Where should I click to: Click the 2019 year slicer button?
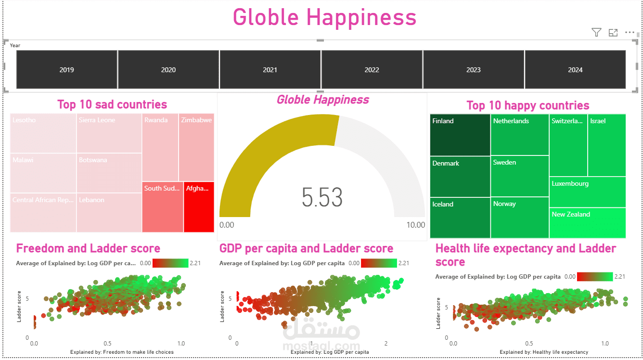pyautogui.click(x=67, y=70)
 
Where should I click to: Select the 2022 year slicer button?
pyautogui.click(x=372, y=70)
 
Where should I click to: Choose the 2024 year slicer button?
pyautogui.click(x=575, y=70)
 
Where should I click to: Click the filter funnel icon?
pyautogui.click(x=596, y=33)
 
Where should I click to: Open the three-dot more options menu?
pyautogui.click(x=630, y=33)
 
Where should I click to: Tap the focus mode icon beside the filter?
pyautogui.click(x=613, y=33)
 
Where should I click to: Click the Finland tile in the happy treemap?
pyautogui.click(x=460, y=135)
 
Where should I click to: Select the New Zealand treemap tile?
pyautogui.click(x=587, y=223)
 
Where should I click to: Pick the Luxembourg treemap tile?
pyautogui.click(x=587, y=192)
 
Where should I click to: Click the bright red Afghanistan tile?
pyautogui.click(x=199, y=207)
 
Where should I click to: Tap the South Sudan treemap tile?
pyautogui.click(x=162, y=207)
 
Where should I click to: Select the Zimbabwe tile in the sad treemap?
pyautogui.click(x=196, y=147)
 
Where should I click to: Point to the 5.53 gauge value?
pyautogui.click(x=322, y=197)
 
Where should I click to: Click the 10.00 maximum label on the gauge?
pyautogui.click(x=415, y=225)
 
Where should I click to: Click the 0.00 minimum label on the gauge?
pyautogui.click(x=227, y=225)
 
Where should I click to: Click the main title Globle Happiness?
pyautogui.click(x=324, y=17)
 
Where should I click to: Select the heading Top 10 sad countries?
pyautogui.click(x=112, y=104)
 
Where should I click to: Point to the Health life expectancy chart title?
pyautogui.click(x=526, y=255)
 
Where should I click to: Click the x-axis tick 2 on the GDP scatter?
pyautogui.click(x=386, y=344)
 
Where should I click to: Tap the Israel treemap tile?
pyautogui.click(x=606, y=144)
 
